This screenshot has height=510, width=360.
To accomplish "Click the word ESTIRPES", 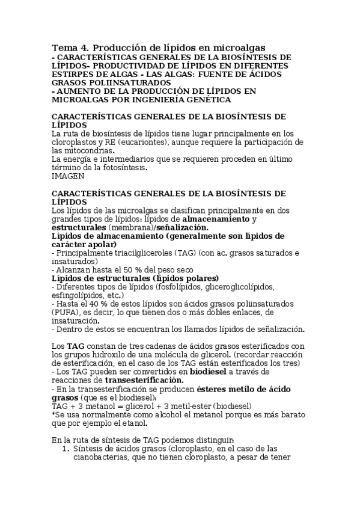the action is click(74, 74).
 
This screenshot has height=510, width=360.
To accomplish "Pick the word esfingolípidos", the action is click(84, 295).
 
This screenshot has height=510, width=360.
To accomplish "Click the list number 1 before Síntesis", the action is click(65, 449).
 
